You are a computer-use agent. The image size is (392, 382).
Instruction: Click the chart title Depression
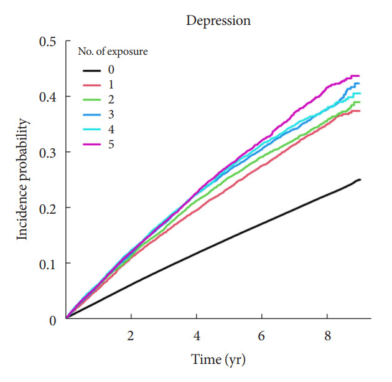pos(218,21)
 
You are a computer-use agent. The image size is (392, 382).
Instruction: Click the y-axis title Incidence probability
pos(22,179)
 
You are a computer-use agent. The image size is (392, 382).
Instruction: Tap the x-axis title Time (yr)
pos(218,360)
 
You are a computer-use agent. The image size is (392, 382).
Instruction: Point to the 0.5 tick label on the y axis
pos(48,42)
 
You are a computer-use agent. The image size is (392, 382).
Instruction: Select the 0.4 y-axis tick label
pos(48,97)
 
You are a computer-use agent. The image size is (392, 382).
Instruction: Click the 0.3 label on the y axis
pos(48,153)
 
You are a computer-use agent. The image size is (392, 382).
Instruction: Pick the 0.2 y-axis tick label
pos(48,208)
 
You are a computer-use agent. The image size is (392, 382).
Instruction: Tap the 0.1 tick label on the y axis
pos(48,264)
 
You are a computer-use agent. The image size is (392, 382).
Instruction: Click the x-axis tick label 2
pos(131,336)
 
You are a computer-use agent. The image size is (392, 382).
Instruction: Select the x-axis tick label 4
pos(197,336)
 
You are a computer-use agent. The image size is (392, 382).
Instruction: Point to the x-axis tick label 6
pos(261,336)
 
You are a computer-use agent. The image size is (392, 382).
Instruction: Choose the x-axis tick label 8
pos(328,336)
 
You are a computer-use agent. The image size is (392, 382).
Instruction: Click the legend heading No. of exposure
pos(113,52)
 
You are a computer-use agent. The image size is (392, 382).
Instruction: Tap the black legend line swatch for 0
pos(91,71)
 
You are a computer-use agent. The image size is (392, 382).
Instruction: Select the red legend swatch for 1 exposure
pos(91,85)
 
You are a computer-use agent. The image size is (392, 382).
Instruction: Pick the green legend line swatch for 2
pos(91,100)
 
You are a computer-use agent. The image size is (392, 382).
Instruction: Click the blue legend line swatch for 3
pos(91,115)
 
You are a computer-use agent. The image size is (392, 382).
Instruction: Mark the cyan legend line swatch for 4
pos(91,130)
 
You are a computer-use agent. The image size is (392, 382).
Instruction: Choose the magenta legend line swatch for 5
pos(91,145)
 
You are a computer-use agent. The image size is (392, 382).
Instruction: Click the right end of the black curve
pos(360,179)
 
